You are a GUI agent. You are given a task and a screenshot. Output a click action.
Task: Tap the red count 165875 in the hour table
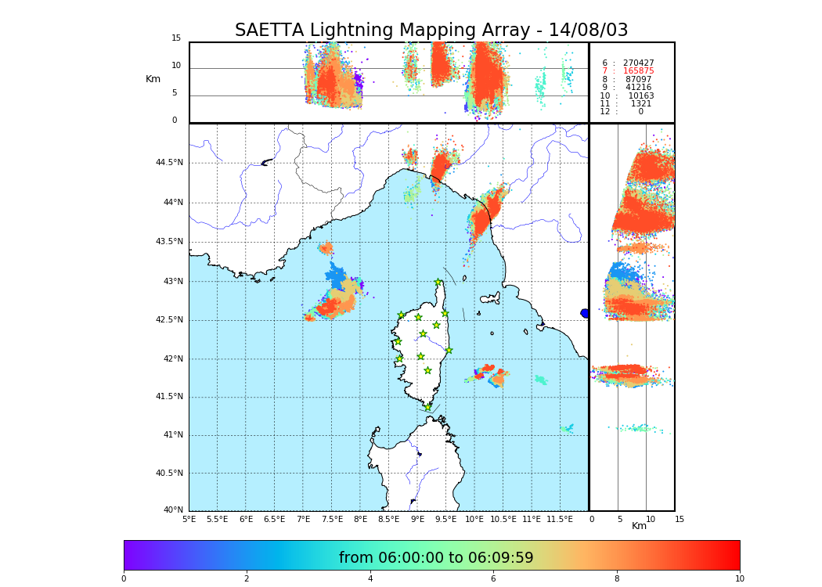638,71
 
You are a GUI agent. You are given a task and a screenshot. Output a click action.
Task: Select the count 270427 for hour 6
638,63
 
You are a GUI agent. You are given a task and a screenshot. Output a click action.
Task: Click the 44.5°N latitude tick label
169,163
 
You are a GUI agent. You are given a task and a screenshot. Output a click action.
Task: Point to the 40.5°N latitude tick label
169,474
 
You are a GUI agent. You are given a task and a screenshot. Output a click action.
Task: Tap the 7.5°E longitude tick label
332,519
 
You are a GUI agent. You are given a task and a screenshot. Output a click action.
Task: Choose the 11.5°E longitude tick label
560,519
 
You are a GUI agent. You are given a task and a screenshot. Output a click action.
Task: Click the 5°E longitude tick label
189,519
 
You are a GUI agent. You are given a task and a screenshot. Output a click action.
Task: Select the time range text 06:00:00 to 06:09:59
436,558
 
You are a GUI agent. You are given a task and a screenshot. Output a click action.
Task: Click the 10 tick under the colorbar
739,579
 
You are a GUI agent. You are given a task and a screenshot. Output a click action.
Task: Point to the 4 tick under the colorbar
370,579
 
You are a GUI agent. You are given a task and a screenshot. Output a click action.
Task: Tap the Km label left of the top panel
153,79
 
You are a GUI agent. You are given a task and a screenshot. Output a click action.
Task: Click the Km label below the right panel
640,526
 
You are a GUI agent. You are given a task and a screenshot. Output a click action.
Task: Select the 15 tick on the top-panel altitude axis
176,38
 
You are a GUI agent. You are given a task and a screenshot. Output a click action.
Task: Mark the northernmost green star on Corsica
438,283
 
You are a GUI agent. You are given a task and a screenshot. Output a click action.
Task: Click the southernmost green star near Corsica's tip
427,407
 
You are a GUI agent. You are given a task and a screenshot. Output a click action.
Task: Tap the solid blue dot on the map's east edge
585,313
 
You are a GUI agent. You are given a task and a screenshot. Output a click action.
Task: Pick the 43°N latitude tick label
172,282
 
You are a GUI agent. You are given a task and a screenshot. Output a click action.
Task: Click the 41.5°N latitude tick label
169,397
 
